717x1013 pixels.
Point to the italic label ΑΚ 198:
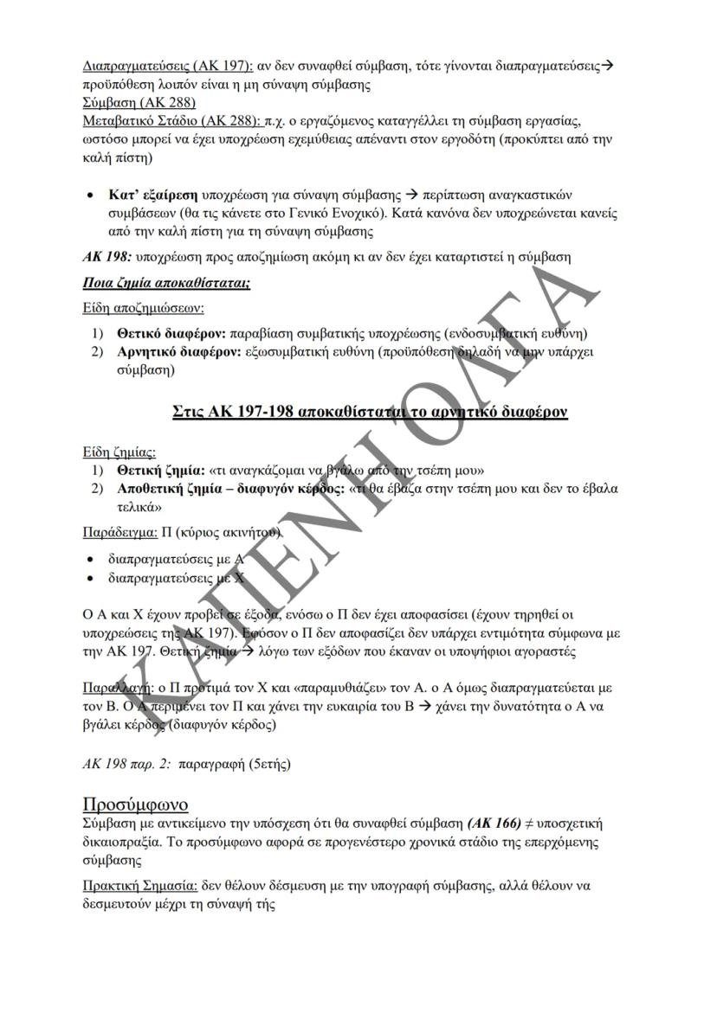tap(100, 257)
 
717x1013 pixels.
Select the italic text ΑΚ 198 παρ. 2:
tap(120, 765)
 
